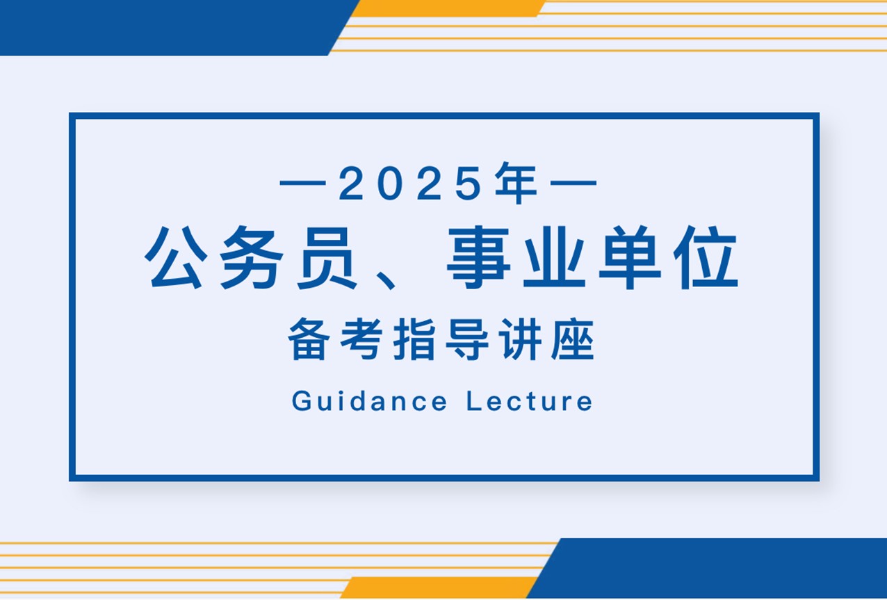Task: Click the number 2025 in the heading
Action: [410, 183]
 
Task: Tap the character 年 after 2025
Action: [516, 183]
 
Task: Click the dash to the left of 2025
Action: [302, 183]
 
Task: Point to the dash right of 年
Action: [573, 183]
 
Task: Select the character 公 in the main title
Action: [176, 257]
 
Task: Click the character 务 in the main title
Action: [251, 257]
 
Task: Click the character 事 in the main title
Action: [478, 257]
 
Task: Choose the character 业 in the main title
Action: [555, 257]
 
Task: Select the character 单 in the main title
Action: [630, 257]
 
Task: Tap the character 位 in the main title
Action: [706, 257]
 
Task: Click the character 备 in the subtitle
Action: [309, 339]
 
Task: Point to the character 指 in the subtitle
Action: [414, 339]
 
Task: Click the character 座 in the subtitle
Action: [573, 339]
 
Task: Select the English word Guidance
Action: [369, 400]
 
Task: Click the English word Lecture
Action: [530, 400]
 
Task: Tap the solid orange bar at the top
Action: [448, 8]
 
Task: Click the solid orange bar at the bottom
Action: [439, 587]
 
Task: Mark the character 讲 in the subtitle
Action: [520, 339]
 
